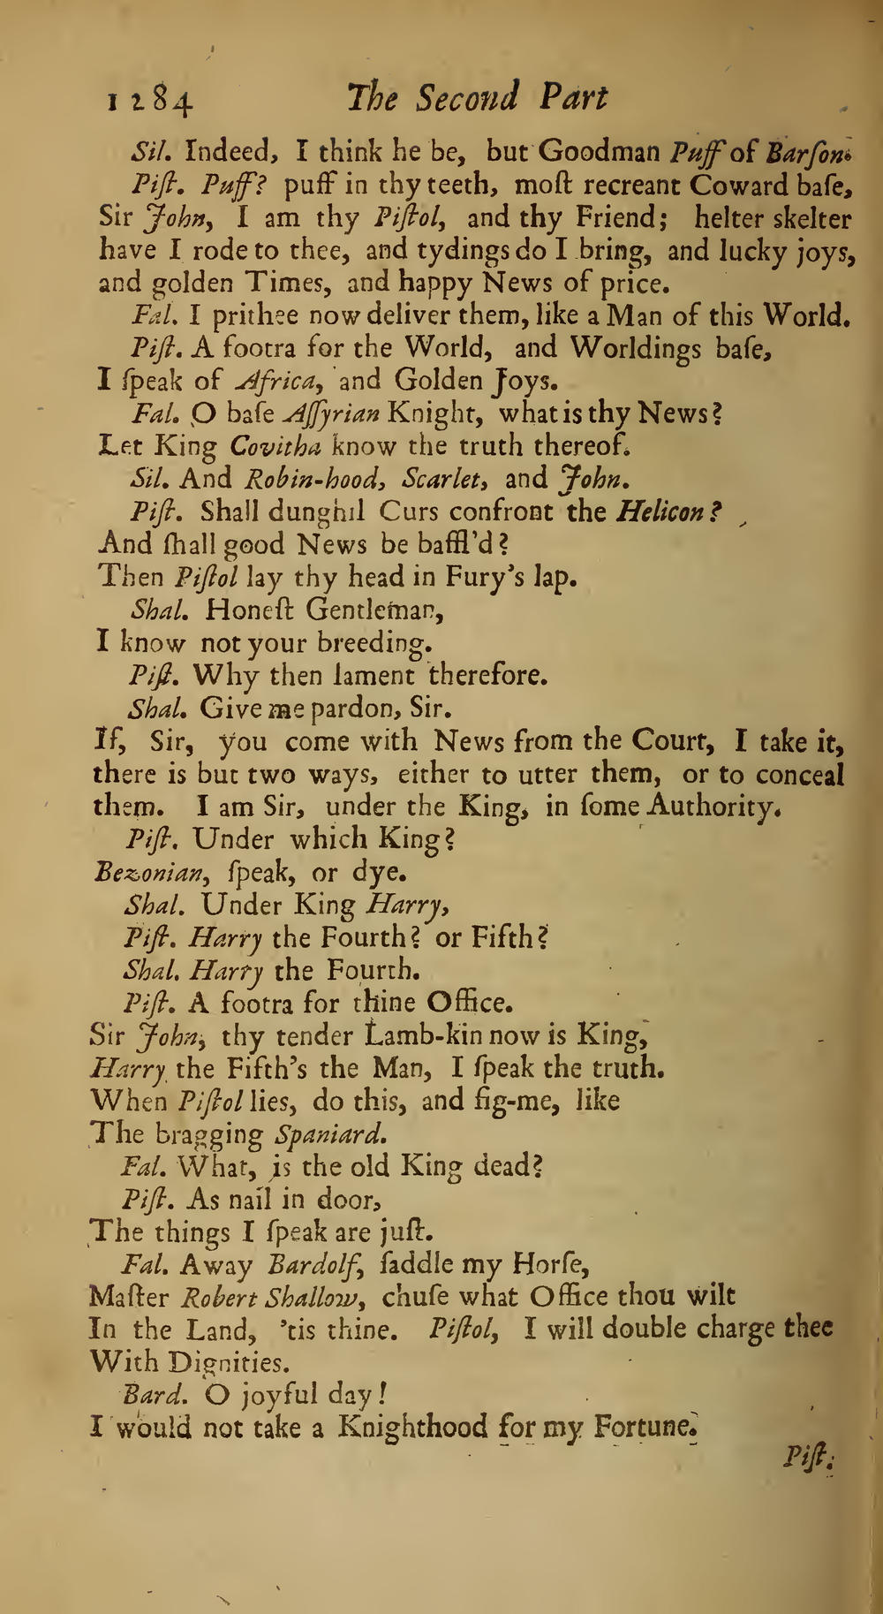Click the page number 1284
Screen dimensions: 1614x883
(149, 101)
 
